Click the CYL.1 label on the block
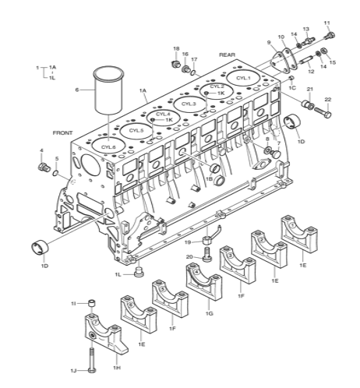click(x=243, y=78)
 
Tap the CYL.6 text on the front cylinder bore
click(x=108, y=146)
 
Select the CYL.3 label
click(x=188, y=103)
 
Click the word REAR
click(x=227, y=55)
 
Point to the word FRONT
click(x=62, y=132)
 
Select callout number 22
click(x=328, y=100)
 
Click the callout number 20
click(x=189, y=257)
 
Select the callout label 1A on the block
click(x=143, y=91)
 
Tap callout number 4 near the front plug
click(x=41, y=150)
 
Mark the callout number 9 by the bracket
click(x=269, y=42)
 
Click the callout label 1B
click(x=209, y=178)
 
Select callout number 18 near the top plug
click(x=176, y=48)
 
